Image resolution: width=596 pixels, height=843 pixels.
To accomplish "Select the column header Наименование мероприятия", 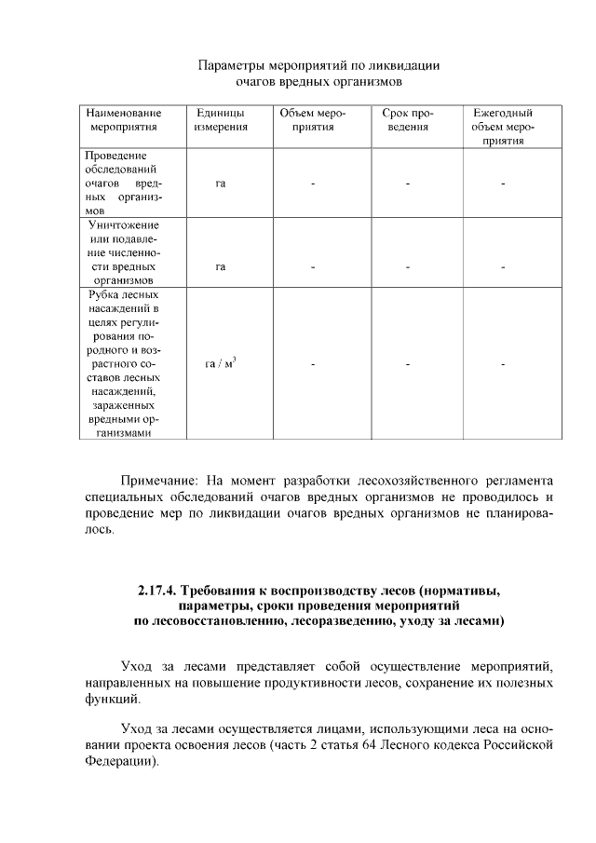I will pos(124,119).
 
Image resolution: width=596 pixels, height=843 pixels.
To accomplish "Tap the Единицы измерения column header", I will pos(220,119).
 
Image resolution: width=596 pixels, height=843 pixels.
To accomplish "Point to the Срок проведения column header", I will pos(408,119).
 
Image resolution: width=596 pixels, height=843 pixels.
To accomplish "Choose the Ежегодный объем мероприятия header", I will pos(502,126).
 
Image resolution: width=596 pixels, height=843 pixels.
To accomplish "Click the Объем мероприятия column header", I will pos(313,119).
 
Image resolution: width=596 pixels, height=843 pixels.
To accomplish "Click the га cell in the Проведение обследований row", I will pos(221,184).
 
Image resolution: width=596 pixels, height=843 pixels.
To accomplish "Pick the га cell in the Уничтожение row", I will pos(221,267).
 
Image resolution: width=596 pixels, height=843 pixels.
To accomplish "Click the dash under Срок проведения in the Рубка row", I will pos(408,363).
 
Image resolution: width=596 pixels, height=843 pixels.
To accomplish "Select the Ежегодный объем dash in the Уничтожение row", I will pos(502,268).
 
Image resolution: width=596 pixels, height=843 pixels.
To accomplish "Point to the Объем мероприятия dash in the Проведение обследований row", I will pos(313,184).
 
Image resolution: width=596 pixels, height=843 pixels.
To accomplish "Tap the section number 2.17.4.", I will pos(156,591).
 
